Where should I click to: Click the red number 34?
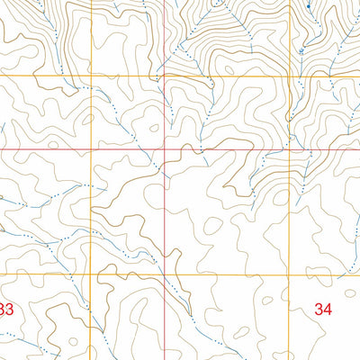(x=323, y=309)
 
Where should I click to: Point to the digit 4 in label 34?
(x=328, y=309)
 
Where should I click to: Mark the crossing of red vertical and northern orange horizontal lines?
(x=164, y=76)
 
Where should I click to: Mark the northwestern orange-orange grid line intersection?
(x=91, y=76)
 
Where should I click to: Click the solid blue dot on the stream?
(x=308, y=6)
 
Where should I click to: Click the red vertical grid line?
(x=164, y=216)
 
